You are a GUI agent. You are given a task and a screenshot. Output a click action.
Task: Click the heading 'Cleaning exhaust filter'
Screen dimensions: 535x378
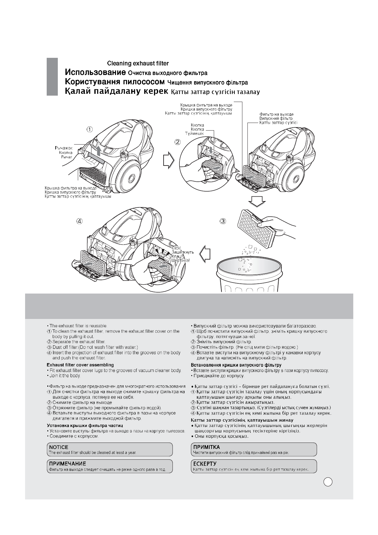(138, 64)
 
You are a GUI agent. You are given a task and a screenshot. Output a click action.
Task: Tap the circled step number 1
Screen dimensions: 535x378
(90, 129)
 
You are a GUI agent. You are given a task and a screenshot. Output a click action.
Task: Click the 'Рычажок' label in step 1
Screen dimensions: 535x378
(64, 148)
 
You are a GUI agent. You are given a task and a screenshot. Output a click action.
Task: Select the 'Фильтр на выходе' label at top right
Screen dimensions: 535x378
(276, 114)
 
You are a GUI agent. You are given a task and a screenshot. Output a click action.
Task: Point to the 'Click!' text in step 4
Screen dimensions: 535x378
(176, 248)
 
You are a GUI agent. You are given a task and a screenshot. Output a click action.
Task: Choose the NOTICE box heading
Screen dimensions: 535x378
(59, 447)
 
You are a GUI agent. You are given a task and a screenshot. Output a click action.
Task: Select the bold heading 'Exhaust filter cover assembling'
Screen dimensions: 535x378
(80, 365)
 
